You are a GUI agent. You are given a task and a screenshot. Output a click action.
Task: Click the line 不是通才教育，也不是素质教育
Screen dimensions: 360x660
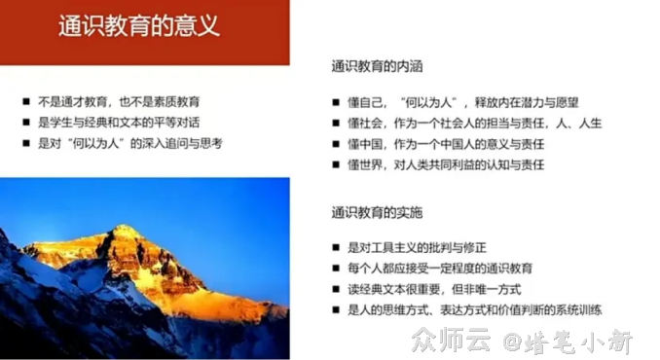pos(120,101)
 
